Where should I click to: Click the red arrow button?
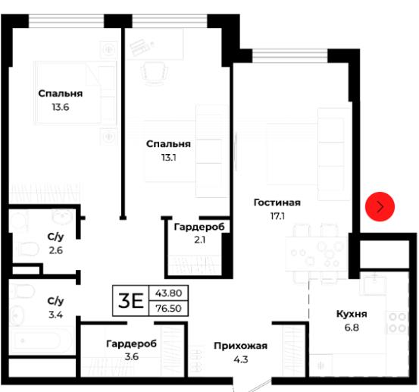(x=380, y=206)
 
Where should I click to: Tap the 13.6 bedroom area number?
(x=61, y=107)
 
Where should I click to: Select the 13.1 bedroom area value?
(x=168, y=158)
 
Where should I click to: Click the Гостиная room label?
(x=277, y=202)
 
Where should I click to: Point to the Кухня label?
(x=352, y=314)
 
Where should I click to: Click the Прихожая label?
(x=240, y=346)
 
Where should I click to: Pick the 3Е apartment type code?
(x=130, y=301)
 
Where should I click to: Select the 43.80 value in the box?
(x=169, y=293)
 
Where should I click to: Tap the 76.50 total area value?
(x=169, y=309)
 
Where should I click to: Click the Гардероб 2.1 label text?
(x=199, y=227)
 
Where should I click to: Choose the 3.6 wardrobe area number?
(x=132, y=356)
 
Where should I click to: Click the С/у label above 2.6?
(x=55, y=237)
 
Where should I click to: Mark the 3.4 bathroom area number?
(x=55, y=315)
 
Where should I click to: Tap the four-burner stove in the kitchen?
(x=397, y=322)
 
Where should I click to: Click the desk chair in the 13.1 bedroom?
(x=155, y=73)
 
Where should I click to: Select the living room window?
(x=290, y=55)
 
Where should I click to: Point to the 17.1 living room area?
(x=277, y=216)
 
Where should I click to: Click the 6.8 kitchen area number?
(x=352, y=328)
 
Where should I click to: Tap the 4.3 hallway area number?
(x=241, y=359)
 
